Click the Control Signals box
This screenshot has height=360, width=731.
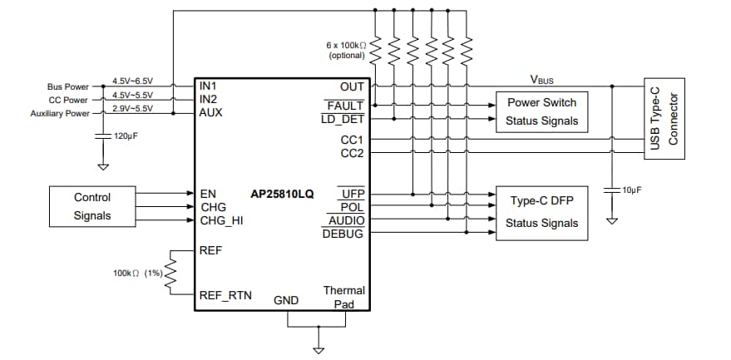[x=92, y=207]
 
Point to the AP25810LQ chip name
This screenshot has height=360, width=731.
[x=282, y=194]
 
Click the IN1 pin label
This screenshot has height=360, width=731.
[x=208, y=86]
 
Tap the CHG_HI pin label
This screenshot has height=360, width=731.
[x=221, y=220]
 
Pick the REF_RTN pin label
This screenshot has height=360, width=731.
[x=225, y=295]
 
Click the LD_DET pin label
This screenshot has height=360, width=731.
[x=342, y=119]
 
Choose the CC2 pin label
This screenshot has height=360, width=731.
[x=352, y=153]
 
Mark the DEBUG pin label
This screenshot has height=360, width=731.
[x=343, y=234]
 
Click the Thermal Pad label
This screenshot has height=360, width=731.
[x=343, y=297]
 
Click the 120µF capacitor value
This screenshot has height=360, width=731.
[x=125, y=134]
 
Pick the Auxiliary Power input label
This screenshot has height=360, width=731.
[x=60, y=113]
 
